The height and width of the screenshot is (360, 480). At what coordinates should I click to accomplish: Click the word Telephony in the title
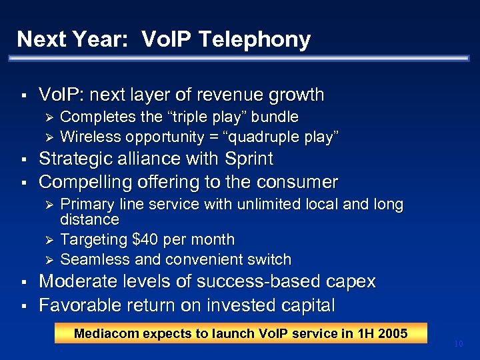pos(253,40)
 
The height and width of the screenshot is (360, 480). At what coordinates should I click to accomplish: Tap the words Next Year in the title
pos(66,40)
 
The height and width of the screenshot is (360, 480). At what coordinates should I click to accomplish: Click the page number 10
pos(458,343)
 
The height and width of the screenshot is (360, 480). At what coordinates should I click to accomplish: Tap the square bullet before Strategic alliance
pos(23,160)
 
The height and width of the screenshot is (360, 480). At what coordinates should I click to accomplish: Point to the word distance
pos(89,219)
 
